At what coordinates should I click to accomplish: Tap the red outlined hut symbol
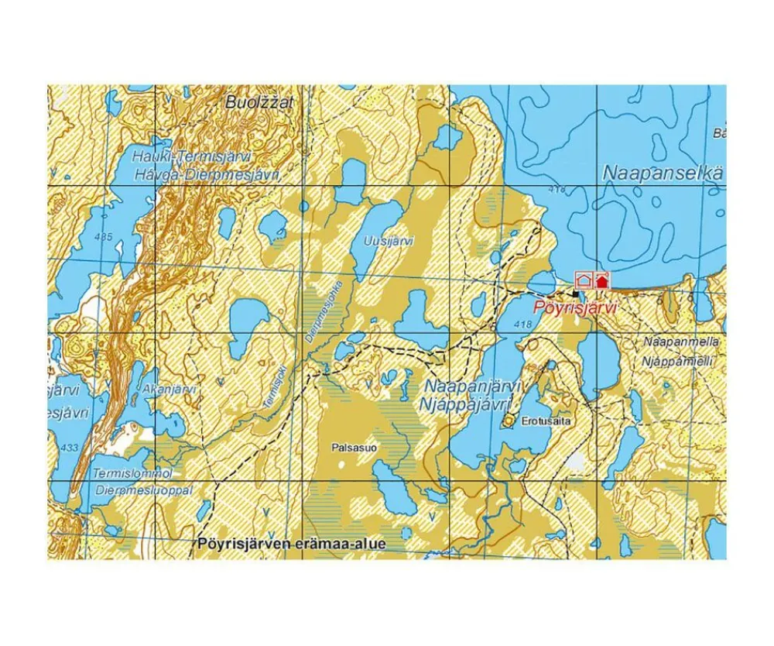pos(584,280)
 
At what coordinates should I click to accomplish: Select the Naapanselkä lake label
pos(663,174)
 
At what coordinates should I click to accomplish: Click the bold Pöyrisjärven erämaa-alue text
pos(291,545)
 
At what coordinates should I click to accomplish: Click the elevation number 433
pos(69,448)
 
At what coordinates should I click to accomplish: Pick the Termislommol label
pos(125,473)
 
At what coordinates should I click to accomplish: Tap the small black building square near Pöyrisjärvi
pos(574,294)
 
